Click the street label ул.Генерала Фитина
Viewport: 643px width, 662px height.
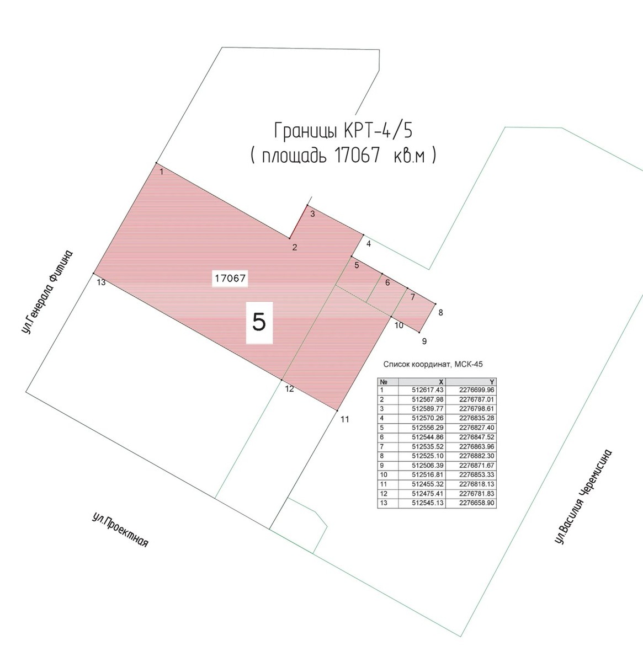[47, 292]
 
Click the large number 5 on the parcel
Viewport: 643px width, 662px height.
[259, 322]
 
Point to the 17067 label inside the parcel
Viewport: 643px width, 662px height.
[230, 279]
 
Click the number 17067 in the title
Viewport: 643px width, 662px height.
[357, 156]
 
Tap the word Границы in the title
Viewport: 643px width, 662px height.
[307, 131]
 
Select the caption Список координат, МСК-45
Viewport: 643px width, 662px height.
[433, 364]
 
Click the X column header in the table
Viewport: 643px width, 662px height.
[441, 382]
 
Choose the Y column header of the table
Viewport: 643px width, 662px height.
[492, 382]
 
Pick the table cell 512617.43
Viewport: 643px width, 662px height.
[428, 390]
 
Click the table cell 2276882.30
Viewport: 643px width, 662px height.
[476, 456]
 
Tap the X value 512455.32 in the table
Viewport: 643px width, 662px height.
[428, 484]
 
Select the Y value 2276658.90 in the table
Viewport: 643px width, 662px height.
[476, 503]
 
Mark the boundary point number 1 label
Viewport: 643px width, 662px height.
[161, 172]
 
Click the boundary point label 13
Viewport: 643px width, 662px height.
[101, 282]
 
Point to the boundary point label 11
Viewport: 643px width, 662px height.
[345, 419]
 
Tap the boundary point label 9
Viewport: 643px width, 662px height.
[424, 341]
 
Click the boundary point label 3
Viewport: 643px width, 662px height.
[312, 214]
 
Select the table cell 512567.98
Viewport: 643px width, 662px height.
[428, 399]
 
